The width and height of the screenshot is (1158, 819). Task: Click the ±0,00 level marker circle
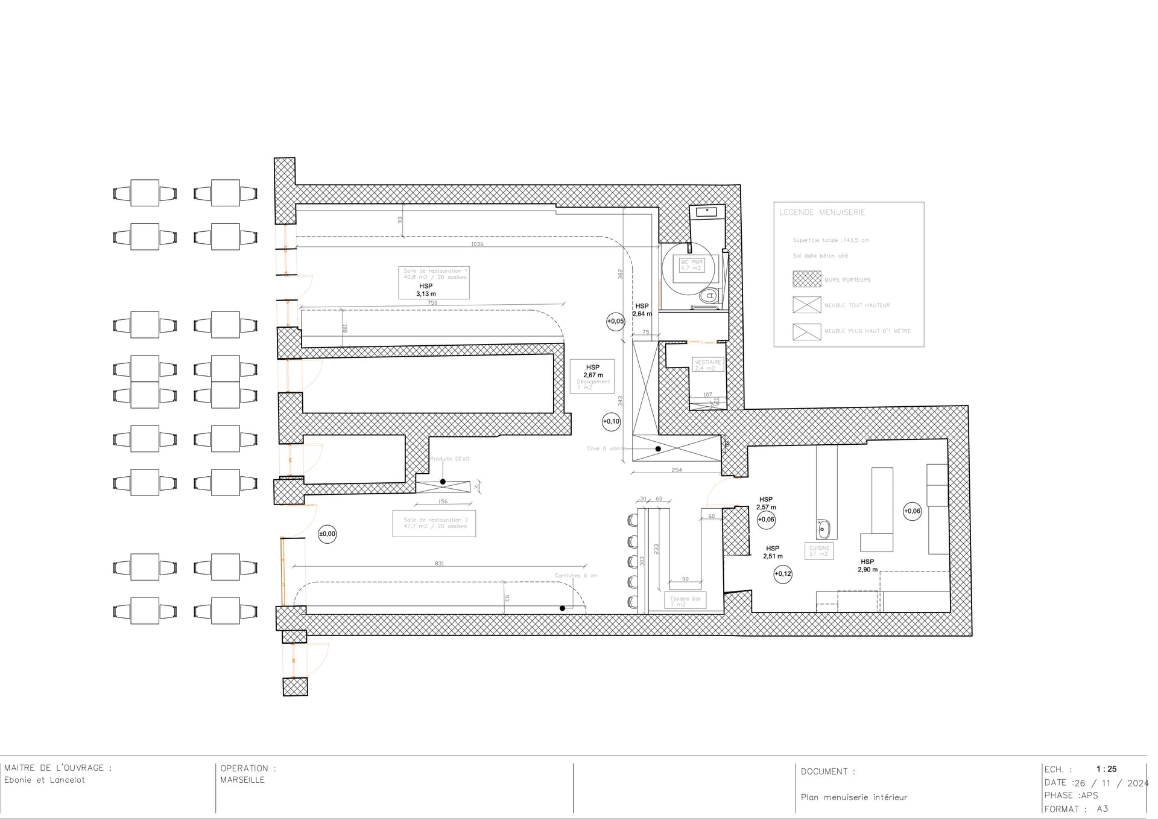327,534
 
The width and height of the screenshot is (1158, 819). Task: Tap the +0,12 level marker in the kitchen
783,574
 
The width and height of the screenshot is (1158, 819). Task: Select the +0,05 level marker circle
615,322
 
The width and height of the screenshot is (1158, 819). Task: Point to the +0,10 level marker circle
611,421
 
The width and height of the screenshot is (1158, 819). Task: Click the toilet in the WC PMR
709,296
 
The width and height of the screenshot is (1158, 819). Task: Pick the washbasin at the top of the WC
706,211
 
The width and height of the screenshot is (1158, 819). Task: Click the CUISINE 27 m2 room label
819,551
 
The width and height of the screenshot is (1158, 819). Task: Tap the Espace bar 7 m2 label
685,601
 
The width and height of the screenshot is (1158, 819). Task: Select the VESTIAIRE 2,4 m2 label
707,365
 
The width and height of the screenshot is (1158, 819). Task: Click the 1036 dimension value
477,244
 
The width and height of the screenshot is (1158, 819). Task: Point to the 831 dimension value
439,564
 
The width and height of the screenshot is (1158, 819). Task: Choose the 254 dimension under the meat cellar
677,470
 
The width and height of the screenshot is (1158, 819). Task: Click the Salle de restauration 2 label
435,523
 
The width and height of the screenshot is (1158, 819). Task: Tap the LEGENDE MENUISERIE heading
822,212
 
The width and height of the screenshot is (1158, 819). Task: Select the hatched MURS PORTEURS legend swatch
806,279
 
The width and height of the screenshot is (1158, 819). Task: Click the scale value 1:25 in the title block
1106,769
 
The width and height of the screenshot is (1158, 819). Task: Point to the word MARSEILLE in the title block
242,780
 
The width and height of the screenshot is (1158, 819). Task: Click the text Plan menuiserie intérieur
853,797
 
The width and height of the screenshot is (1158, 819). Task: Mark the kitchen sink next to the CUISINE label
823,529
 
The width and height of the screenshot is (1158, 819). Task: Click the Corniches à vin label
575,576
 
